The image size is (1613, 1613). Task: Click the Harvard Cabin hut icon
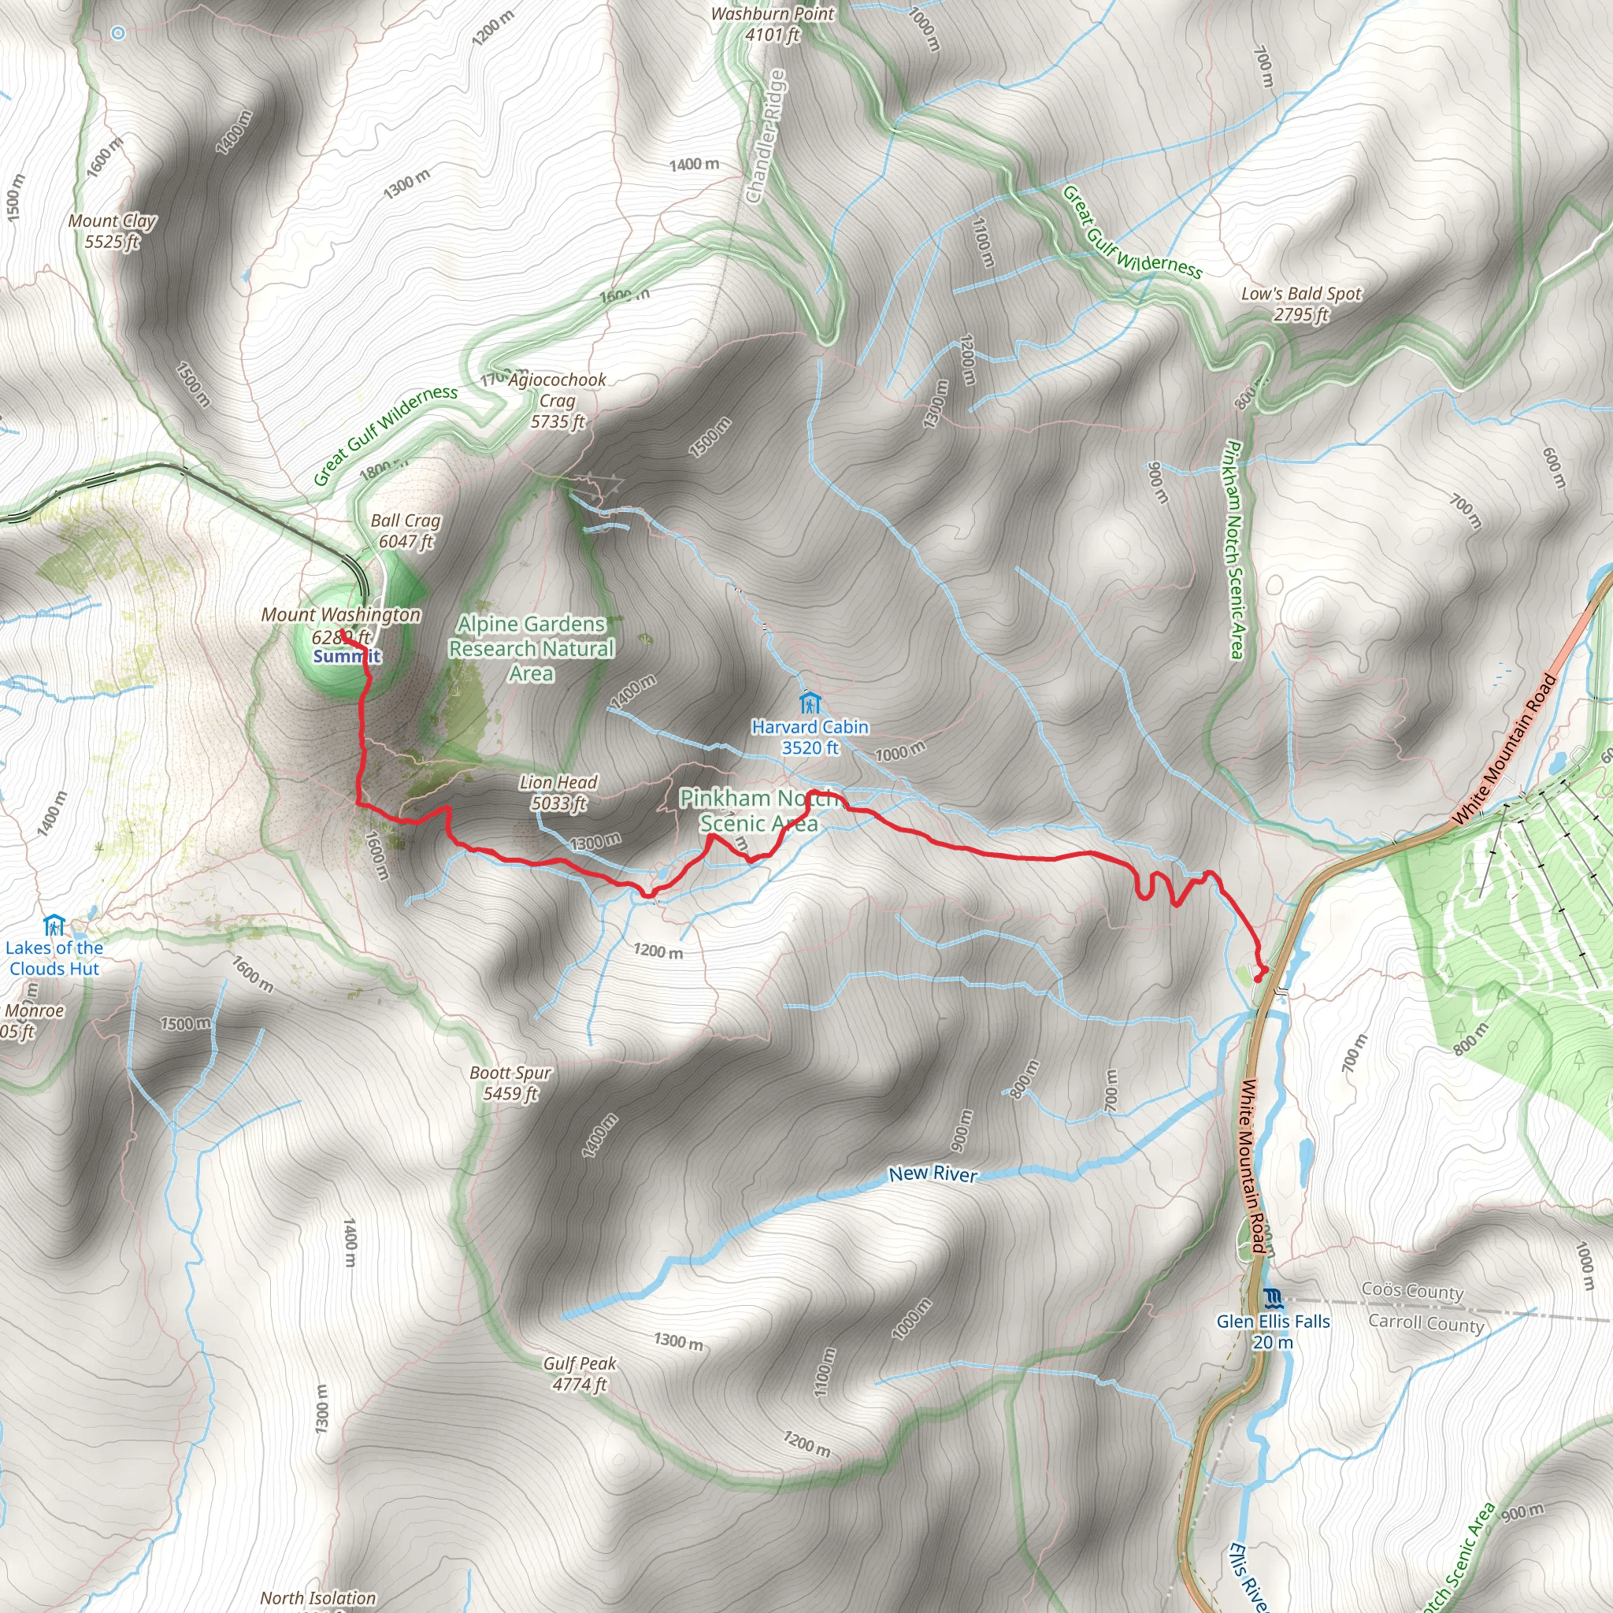[x=809, y=702]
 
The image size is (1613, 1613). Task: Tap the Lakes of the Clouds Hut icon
[x=54, y=925]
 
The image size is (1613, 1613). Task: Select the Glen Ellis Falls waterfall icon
[x=1273, y=1298]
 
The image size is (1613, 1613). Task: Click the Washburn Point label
[x=773, y=24]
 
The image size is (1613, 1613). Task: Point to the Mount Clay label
[x=112, y=232]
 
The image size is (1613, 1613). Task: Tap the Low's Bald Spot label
[x=1301, y=304]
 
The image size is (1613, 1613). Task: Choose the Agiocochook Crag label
[x=558, y=401]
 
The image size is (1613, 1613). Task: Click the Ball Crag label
[x=406, y=531]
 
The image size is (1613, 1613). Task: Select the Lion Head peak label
[x=558, y=792]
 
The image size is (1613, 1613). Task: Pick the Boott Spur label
[x=510, y=1083]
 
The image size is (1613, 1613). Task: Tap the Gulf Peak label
[x=580, y=1374]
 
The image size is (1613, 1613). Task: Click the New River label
[x=933, y=1174]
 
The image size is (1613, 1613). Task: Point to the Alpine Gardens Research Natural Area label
[x=531, y=648]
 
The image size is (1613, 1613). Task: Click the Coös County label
[x=1413, y=1291]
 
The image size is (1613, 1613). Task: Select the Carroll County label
[x=1426, y=1323]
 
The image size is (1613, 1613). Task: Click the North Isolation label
[x=318, y=1598]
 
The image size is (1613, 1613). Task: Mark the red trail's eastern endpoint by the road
[x=1261, y=970]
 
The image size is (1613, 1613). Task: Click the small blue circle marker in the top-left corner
[x=119, y=33]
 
